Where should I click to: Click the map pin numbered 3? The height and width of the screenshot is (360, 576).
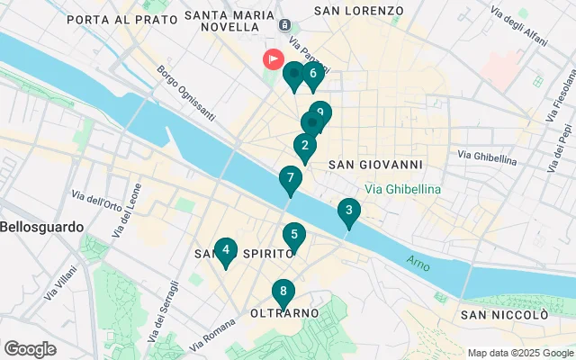348,212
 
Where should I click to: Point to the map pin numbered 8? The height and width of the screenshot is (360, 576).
283,292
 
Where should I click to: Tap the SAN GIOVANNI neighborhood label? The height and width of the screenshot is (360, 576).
375,165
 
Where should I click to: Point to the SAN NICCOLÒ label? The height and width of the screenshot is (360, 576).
503,314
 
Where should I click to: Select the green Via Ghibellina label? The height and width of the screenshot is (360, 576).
402,189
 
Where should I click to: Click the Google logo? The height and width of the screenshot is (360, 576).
30,349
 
